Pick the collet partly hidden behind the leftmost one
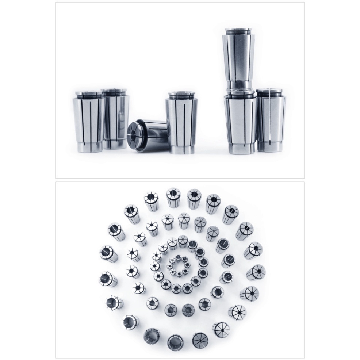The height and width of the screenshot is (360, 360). pos(115,119)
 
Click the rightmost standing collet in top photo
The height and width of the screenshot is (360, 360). pos(270,120)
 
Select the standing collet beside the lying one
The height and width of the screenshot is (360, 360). pos(182,122)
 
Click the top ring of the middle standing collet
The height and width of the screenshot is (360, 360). pos(182,96)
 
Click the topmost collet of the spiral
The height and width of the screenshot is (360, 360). pos(173,197)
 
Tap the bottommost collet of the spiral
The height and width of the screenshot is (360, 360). pos(175,341)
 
